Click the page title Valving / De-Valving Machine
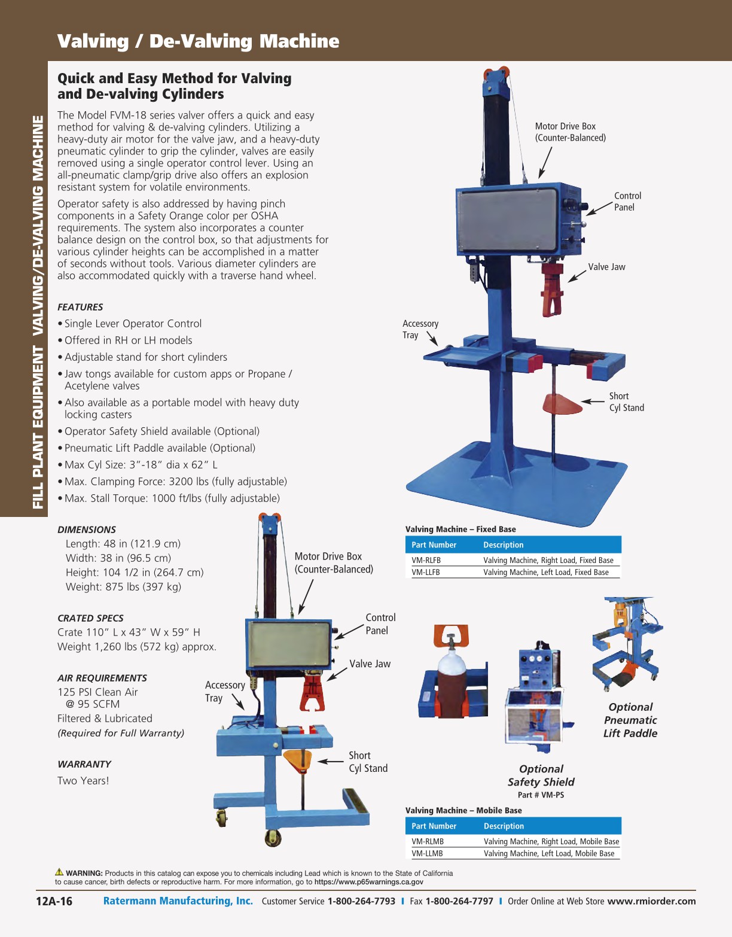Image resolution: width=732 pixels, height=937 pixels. (198, 41)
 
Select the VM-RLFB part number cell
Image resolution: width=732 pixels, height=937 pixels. (426, 561)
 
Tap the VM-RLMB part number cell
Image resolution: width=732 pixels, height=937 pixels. (427, 842)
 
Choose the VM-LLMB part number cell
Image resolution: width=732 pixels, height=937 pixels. (427, 854)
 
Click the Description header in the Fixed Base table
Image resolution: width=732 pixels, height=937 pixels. (503, 545)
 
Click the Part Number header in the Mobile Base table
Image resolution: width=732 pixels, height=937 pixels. (434, 826)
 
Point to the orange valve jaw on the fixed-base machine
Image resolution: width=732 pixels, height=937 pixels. (552, 290)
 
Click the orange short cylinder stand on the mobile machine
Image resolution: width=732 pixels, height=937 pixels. (298, 760)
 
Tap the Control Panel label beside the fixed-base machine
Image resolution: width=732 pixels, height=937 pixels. (627, 202)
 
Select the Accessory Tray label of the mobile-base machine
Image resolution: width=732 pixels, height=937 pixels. (224, 692)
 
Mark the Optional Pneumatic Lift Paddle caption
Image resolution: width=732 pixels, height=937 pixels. (630, 720)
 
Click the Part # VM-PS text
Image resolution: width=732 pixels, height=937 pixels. (541, 795)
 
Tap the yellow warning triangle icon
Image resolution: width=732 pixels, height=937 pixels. (59, 872)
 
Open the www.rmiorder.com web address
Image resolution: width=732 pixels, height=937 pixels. (651, 901)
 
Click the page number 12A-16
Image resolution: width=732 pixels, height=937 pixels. (54, 902)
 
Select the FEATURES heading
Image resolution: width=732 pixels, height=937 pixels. (80, 307)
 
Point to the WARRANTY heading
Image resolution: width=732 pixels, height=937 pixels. (84, 764)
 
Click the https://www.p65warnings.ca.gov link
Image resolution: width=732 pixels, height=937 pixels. (368, 882)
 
